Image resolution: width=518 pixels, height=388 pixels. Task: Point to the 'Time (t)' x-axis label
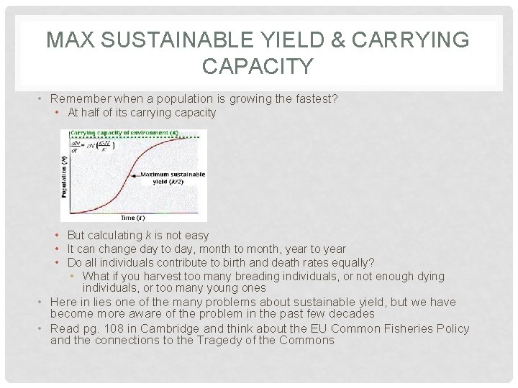[x=132, y=217]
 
